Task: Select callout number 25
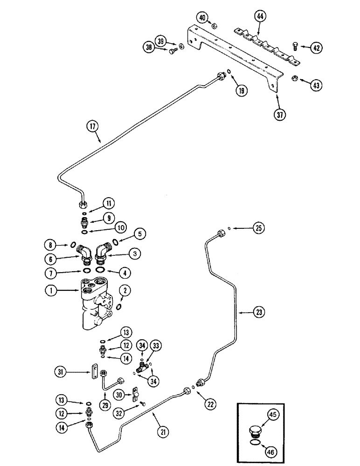point(259,228)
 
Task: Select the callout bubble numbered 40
point(202,18)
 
